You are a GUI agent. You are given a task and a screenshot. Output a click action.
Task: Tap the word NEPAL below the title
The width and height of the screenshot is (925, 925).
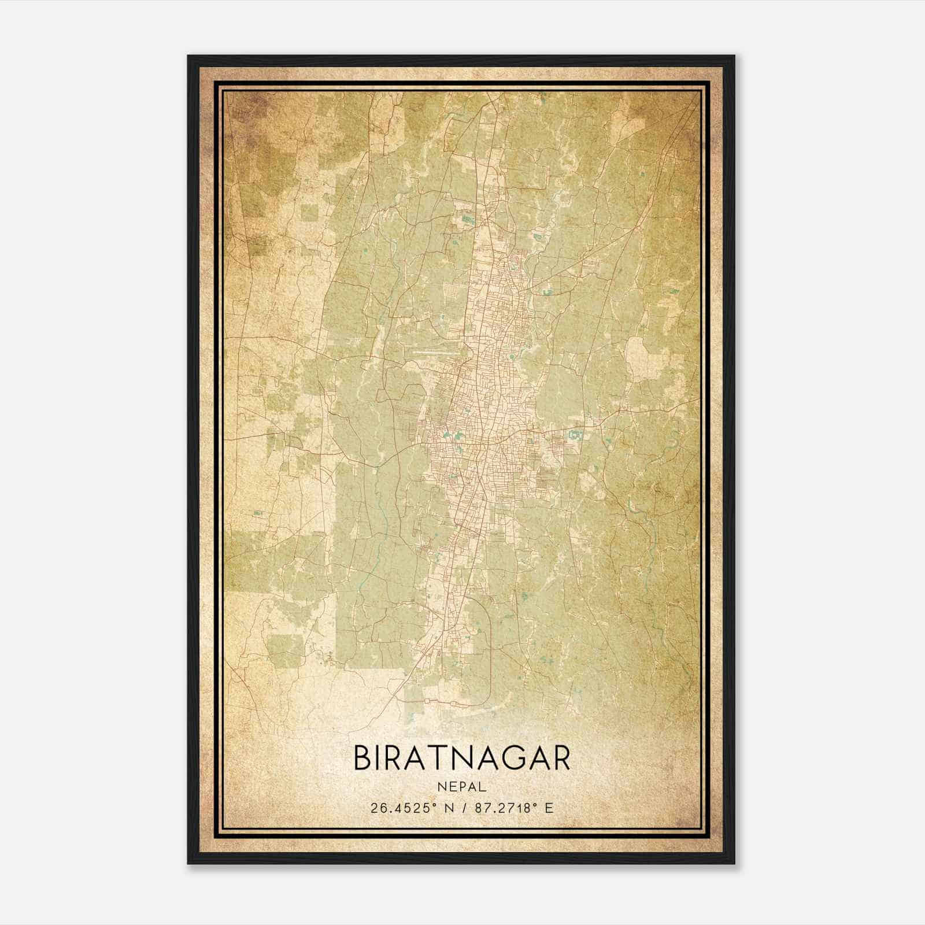point(461,787)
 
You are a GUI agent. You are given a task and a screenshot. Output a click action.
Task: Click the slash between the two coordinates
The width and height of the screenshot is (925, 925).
point(462,808)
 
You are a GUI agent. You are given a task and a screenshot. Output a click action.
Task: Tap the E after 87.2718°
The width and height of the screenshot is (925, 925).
point(549,808)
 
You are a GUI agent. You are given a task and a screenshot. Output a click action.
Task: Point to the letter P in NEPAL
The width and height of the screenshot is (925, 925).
point(461,787)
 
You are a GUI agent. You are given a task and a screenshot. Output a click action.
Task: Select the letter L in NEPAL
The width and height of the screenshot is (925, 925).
point(483,787)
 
